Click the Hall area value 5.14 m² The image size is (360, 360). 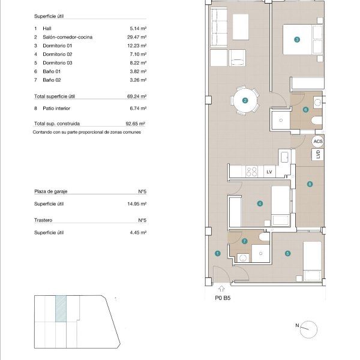(x=138, y=28)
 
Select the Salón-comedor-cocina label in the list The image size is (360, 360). (x=67, y=37)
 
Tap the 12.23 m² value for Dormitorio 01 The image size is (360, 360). (x=137, y=46)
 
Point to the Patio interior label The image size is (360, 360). (x=56, y=109)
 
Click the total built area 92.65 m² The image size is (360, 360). (x=136, y=124)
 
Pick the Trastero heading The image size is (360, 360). (x=43, y=220)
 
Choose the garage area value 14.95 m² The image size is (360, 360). (x=137, y=204)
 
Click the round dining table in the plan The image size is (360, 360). (x=245, y=101)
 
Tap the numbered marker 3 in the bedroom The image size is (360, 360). (x=297, y=40)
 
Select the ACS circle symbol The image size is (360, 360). (x=318, y=142)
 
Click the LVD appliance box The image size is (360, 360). (x=318, y=154)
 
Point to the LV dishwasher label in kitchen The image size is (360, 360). (x=269, y=172)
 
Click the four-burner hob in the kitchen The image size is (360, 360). (x=251, y=172)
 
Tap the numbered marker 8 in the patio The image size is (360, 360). (x=310, y=184)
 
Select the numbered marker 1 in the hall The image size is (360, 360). (x=217, y=253)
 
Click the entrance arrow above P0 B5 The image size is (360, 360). (x=221, y=289)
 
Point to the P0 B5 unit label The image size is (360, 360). (x=223, y=298)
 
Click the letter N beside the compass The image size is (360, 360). (x=297, y=325)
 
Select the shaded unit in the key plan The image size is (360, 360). (x=61, y=308)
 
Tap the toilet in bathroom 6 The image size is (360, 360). (x=317, y=120)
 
